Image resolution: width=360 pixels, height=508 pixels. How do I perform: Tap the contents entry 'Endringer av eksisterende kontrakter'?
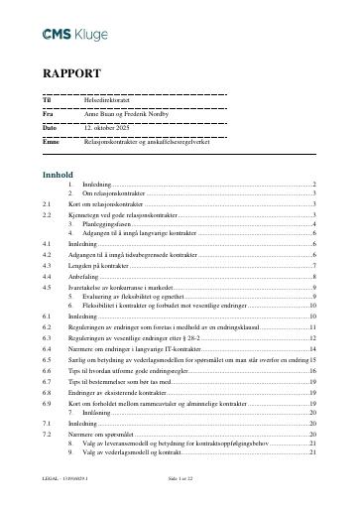[121, 393]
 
